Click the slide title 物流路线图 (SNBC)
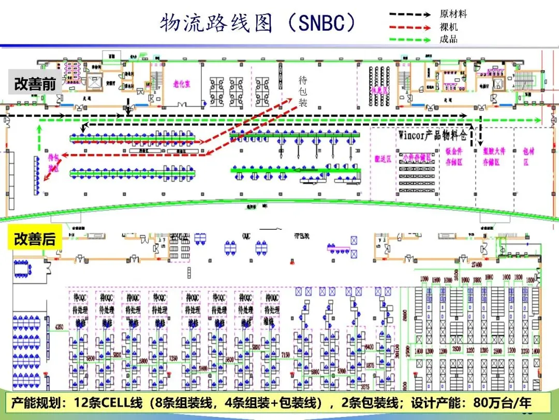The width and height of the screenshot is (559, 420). (x=257, y=23)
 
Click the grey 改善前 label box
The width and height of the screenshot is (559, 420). (x=35, y=84)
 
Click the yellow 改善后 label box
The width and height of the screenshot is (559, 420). (x=35, y=239)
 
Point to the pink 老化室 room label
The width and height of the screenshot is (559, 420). (x=181, y=84)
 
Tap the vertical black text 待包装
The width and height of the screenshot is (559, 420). (x=303, y=92)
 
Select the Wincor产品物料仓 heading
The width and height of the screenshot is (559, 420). (x=433, y=135)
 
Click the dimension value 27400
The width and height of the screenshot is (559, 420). (x=476, y=264)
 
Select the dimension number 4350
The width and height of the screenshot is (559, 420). (x=59, y=327)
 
